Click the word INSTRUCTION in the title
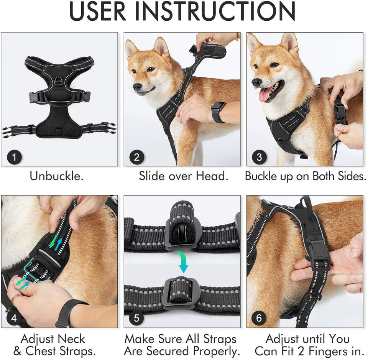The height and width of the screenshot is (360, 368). (215, 11)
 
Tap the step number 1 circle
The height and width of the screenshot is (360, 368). (14, 157)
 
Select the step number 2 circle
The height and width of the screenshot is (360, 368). (137, 157)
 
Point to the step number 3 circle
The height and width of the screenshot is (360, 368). (260, 157)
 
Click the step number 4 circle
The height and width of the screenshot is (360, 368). (14, 318)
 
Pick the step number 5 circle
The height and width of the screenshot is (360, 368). (136, 318)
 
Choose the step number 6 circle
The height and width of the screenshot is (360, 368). (259, 318)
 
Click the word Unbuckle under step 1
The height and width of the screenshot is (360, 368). (57, 176)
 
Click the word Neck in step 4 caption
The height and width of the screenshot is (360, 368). (71, 339)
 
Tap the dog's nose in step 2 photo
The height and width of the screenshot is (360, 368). (137, 87)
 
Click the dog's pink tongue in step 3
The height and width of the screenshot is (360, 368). (265, 94)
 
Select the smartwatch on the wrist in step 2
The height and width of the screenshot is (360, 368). (218, 112)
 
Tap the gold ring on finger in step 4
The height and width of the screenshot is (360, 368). (15, 299)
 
